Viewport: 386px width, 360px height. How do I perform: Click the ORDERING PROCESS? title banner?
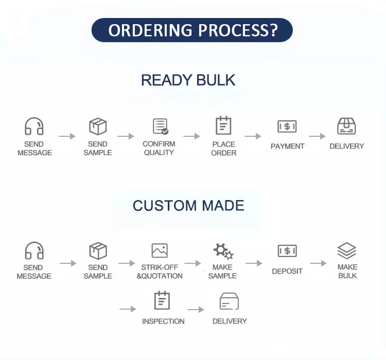click(192, 30)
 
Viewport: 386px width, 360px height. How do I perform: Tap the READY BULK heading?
click(188, 80)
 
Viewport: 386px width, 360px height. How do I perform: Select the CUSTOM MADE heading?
click(188, 206)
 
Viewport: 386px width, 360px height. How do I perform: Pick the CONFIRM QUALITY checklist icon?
click(161, 126)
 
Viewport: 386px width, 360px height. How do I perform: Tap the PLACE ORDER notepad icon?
click(223, 125)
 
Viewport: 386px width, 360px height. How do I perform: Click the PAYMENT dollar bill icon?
click(287, 127)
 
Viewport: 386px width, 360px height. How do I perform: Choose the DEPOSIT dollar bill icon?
click(287, 251)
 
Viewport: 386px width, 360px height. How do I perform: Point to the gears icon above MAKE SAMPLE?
click(223, 251)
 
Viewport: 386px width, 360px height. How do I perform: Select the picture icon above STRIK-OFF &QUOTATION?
click(160, 250)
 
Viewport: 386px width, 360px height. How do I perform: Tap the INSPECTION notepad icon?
click(162, 300)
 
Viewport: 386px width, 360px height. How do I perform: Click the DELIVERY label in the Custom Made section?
click(230, 321)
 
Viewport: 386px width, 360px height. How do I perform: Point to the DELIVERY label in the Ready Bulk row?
click(346, 146)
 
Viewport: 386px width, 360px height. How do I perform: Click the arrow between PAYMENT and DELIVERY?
click(317, 136)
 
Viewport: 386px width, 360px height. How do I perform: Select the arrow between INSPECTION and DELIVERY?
click(196, 309)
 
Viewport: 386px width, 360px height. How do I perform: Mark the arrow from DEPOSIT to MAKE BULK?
click(318, 263)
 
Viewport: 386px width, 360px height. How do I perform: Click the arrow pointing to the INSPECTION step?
click(128, 309)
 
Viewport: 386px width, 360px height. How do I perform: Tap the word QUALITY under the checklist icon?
click(159, 153)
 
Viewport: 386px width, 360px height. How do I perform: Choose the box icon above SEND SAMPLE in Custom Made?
click(98, 251)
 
